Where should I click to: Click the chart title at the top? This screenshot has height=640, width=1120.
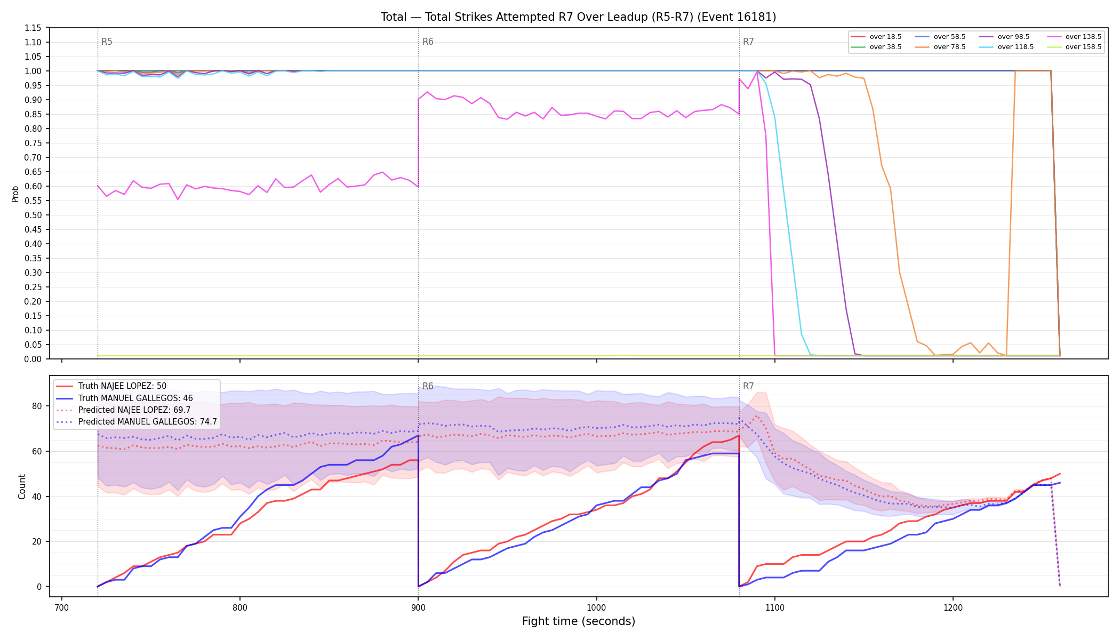[578, 17]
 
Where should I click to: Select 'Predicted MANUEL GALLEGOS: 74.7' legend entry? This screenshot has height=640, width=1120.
[137, 422]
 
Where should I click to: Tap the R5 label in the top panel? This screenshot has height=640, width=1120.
[107, 42]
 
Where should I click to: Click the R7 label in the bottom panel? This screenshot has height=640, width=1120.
[748, 386]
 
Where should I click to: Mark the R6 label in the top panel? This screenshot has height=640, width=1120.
[428, 42]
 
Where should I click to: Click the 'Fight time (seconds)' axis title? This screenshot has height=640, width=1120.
[579, 621]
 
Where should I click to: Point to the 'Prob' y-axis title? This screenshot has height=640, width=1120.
[15, 194]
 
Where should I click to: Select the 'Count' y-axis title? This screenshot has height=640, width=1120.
[22, 486]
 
